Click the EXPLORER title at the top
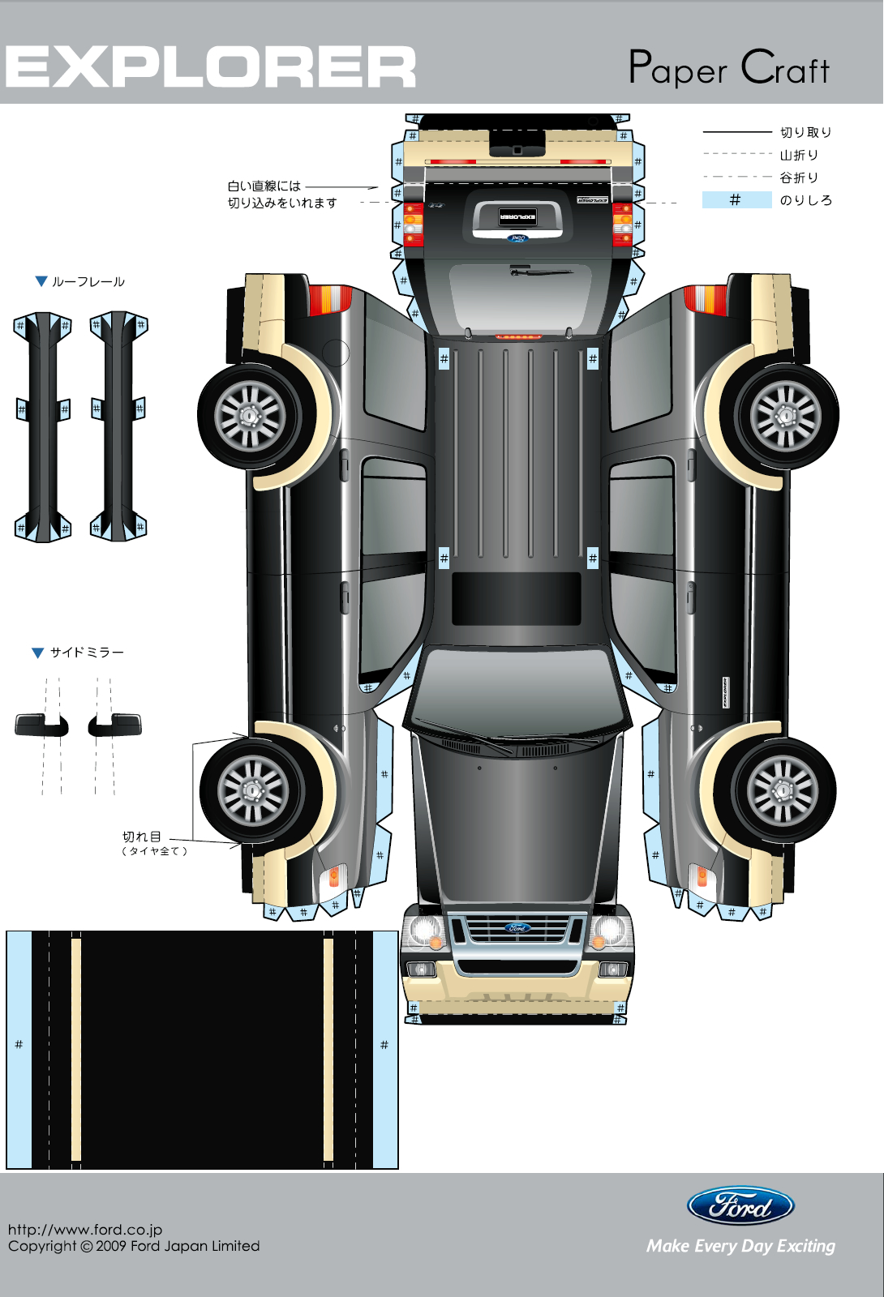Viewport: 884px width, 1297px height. click(x=211, y=66)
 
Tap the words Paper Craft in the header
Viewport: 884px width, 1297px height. click(x=728, y=68)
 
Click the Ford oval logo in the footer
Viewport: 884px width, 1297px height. click(x=740, y=1206)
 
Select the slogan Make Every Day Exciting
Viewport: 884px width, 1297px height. click(x=740, y=1246)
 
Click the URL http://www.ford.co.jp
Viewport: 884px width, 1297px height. click(x=85, y=1230)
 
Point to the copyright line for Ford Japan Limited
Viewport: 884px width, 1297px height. click(x=134, y=1246)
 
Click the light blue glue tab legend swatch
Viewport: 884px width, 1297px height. click(x=736, y=199)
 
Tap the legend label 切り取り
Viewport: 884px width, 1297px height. click(x=805, y=132)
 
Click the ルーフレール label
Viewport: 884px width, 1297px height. click(x=88, y=282)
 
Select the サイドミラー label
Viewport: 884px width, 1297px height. click(x=87, y=653)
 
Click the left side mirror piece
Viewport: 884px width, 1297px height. click(x=41, y=724)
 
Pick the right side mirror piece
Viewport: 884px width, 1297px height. click(x=115, y=724)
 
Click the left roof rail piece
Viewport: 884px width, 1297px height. click(x=43, y=426)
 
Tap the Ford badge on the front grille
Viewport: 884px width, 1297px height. click(x=517, y=928)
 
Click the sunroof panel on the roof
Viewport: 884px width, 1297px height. click(x=516, y=598)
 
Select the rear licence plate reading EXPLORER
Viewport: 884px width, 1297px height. click(x=517, y=216)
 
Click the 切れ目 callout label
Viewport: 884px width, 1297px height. click(x=142, y=837)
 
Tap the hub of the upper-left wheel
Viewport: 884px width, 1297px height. click(x=251, y=417)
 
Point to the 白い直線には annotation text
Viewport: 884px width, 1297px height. click(x=264, y=186)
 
